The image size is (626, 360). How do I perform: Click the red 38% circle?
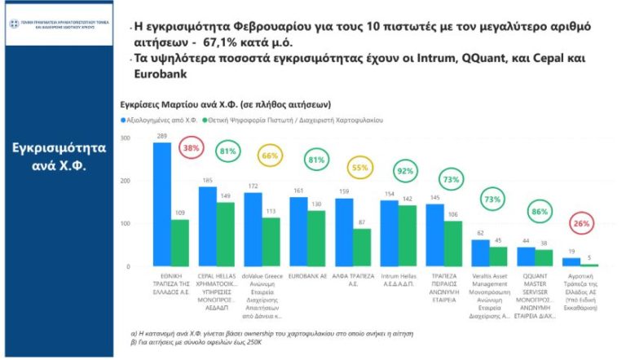192,149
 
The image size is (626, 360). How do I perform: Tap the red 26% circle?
581,223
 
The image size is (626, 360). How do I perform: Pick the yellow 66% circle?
269,156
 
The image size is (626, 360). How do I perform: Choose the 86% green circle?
538,211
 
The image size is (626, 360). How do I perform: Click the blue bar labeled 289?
161,204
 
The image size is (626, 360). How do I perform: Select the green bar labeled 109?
179,243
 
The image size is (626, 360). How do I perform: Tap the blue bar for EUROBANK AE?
298,231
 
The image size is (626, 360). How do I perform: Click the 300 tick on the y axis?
125,138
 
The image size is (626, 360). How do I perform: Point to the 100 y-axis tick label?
125,224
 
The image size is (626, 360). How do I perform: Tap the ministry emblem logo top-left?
15,22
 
